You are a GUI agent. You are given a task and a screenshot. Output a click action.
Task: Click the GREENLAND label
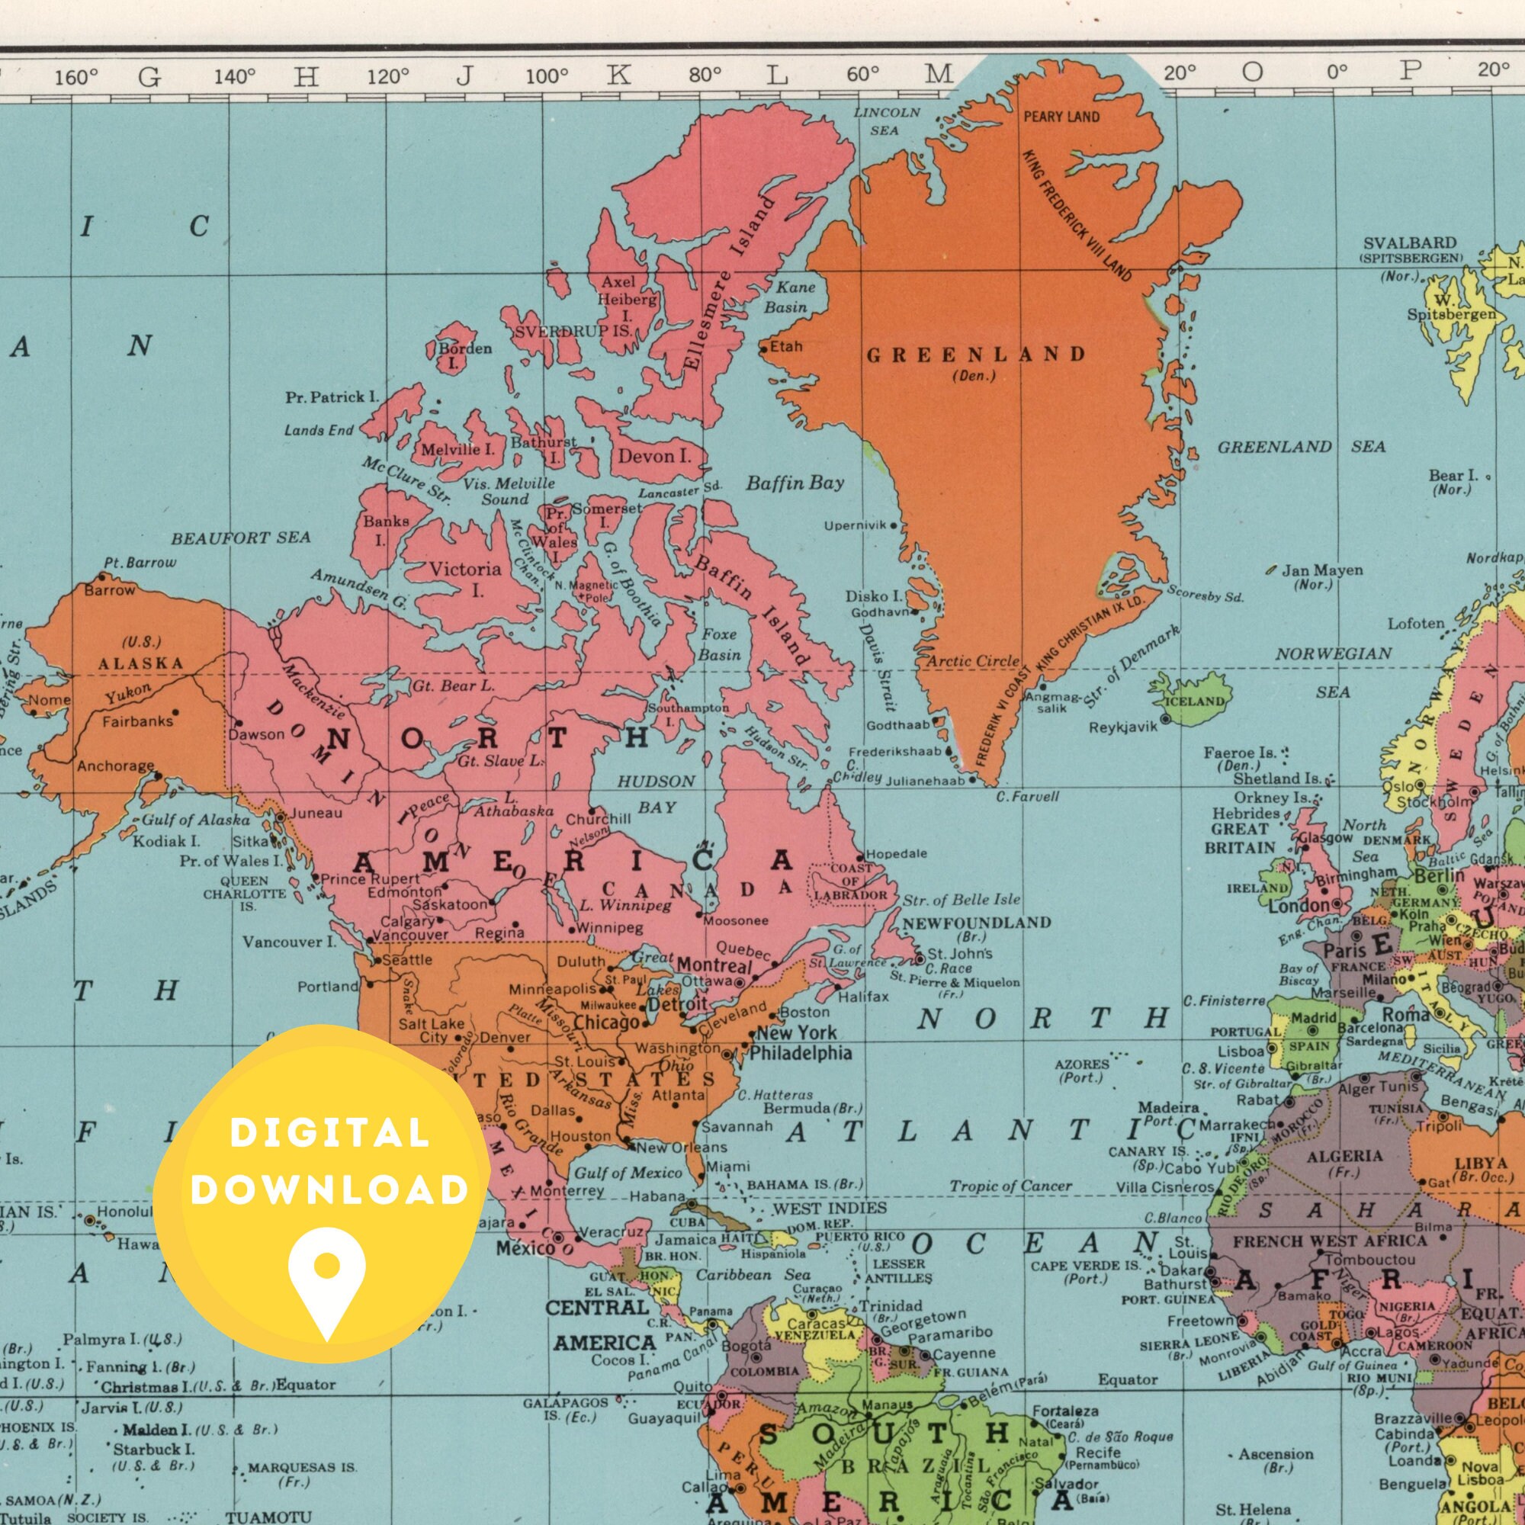click(977, 355)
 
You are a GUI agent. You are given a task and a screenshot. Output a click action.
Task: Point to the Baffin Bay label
click(795, 483)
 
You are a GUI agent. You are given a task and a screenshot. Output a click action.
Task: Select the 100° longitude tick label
click(546, 76)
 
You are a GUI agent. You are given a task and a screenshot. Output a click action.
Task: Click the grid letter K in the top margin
click(620, 75)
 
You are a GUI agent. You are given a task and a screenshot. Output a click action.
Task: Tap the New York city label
click(797, 1032)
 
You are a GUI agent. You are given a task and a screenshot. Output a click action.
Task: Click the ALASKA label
click(141, 663)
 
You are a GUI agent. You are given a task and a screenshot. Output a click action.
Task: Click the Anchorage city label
click(115, 766)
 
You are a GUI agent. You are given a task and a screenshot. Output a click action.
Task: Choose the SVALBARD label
click(1410, 242)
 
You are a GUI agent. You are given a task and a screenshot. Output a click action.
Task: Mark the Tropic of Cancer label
click(1010, 1186)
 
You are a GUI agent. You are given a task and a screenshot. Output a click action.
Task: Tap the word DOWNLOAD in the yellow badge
click(329, 1189)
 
